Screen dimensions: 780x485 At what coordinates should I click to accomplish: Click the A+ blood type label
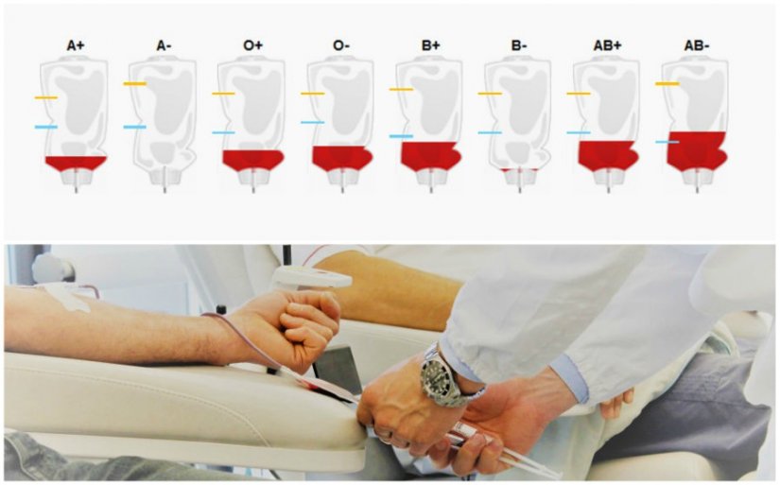tap(76, 45)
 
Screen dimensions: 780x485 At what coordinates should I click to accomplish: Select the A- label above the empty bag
tap(165, 45)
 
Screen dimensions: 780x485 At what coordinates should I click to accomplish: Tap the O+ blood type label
tap(252, 45)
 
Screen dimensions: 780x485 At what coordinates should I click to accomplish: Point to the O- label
tap(341, 45)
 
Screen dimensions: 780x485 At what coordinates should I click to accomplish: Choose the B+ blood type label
tap(430, 45)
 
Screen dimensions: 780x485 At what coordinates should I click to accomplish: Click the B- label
tap(519, 45)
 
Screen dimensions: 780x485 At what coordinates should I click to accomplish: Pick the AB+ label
tap(607, 45)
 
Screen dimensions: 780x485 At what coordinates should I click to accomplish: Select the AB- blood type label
tap(697, 45)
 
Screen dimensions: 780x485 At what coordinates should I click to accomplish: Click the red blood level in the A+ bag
tap(76, 164)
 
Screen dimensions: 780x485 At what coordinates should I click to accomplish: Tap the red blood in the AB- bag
tap(697, 151)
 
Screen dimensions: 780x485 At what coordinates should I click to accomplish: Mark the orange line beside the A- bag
tap(135, 83)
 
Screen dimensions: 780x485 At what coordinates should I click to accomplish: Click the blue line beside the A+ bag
tap(45, 127)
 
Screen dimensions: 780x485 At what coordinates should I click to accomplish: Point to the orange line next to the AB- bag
tap(667, 83)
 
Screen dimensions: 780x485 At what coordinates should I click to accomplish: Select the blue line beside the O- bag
tap(312, 122)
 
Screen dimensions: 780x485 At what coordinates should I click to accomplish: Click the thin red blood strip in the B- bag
tap(519, 170)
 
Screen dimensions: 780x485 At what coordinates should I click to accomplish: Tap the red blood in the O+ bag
tap(252, 160)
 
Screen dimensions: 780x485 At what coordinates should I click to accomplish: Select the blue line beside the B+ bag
tap(401, 136)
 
